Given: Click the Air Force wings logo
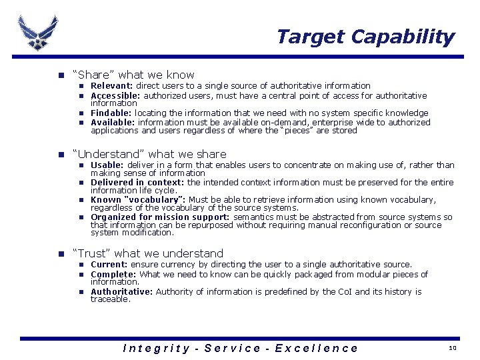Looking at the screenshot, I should coord(38,31).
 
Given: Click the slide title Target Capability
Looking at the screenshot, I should coord(365,37).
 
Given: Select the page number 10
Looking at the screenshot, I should coord(452,348).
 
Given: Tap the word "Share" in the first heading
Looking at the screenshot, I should coord(95,75).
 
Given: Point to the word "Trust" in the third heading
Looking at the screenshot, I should coord(94,253).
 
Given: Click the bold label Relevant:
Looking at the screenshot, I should coord(112,86).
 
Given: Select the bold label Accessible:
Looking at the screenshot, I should coord(115,95).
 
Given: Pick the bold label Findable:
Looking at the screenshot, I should coord(111,113).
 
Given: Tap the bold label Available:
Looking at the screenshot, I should coord(113,123).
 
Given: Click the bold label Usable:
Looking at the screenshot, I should coord(107,165).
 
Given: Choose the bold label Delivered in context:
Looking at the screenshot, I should coord(137,183).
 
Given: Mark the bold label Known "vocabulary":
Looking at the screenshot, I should coord(139,200).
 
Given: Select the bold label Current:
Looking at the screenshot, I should coord(109,265).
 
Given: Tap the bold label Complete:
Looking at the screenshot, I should coord(113,275).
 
